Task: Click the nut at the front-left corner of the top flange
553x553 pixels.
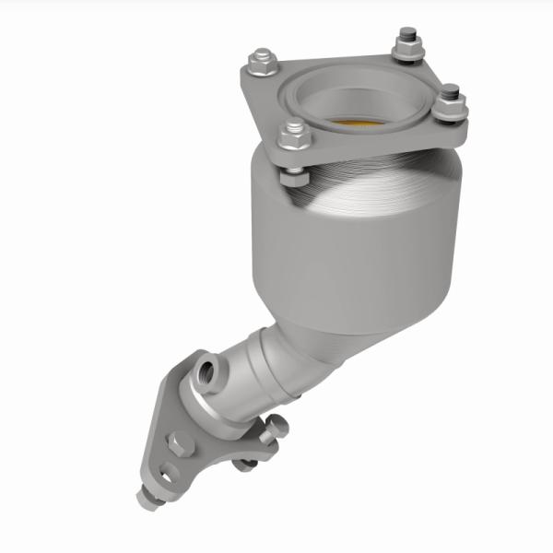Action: [x=294, y=136]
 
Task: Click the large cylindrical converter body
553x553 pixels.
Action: [x=350, y=249]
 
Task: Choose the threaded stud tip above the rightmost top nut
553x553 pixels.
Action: [x=452, y=89]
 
